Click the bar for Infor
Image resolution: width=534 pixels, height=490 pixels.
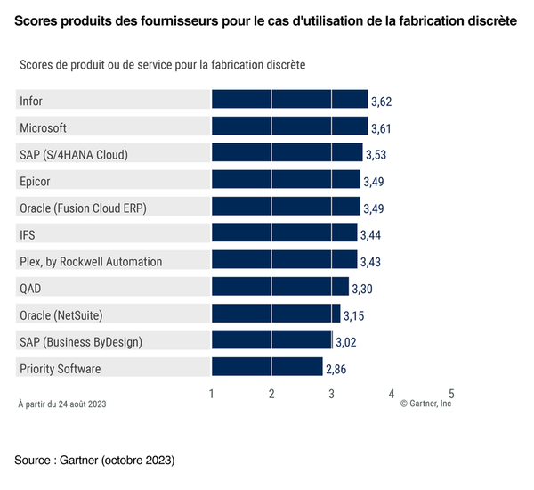click(289, 100)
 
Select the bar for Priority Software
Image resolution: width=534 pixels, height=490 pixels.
click(267, 367)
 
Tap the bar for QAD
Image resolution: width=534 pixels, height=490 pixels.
click(280, 287)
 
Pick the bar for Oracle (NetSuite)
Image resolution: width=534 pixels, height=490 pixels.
click(276, 314)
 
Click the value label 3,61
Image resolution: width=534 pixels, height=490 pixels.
click(381, 128)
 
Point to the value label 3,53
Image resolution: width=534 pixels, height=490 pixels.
click(376, 155)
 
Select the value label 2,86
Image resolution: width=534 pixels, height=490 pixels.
click(336, 369)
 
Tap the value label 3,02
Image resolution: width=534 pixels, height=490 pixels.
click(345, 342)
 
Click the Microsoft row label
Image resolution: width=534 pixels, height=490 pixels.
click(43, 127)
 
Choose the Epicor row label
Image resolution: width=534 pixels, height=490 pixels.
click(35, 181)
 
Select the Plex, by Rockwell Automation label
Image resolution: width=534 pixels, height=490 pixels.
click(91, 261)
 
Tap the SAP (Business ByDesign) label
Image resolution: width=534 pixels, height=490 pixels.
click(81, 341)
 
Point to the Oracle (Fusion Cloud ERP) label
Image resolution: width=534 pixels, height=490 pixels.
click(83, 208)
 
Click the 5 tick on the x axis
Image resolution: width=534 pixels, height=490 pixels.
click(451, 393)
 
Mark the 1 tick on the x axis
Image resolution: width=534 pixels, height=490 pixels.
click(212, 393)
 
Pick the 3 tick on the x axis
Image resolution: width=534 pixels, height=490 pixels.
click(331, 393)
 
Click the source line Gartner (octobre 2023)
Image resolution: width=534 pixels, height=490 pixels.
click(94, 460)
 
